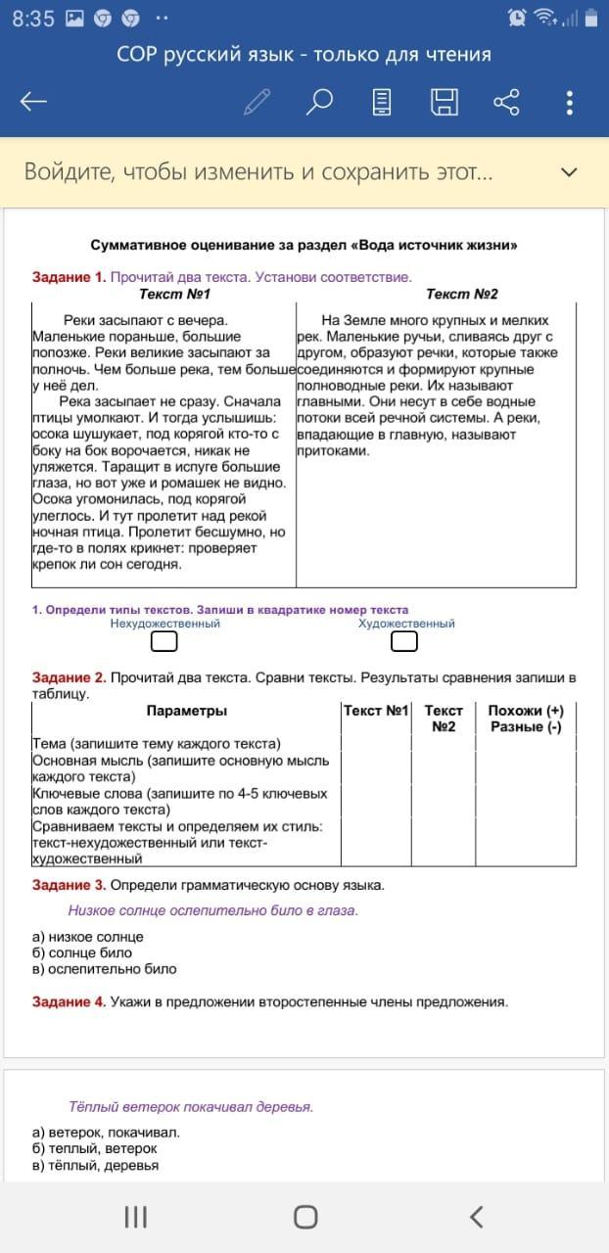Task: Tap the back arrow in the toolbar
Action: pos(34,102)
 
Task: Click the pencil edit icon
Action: pos(258,102)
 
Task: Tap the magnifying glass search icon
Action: pos(320,102)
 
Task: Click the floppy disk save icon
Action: pos(445,102)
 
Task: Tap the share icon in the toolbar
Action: pos(506,102)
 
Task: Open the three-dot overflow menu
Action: pos(570,102)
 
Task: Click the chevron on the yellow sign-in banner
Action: pos(569,172)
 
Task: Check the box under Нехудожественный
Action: pos(164,641)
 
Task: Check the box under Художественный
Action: pos(404,641)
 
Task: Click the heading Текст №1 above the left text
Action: pos(175,295)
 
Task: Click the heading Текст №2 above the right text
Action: pos(462,295)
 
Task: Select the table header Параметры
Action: pos(187,711)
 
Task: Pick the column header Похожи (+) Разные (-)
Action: pos(526,719)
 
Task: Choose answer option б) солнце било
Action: pos(82,952)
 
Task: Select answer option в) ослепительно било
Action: pos(105,969)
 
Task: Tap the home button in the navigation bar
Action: pos(305,1217)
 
